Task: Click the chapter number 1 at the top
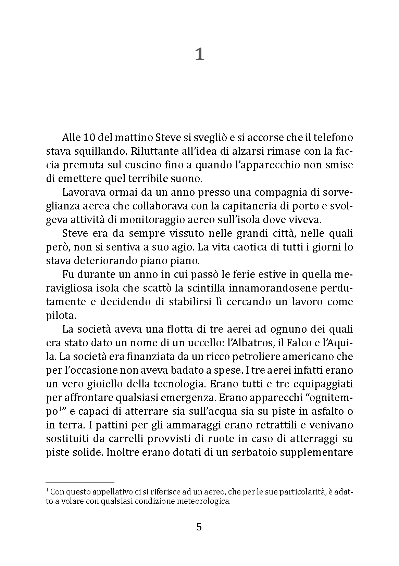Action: point(199,54)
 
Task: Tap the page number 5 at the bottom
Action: point(199,526)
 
